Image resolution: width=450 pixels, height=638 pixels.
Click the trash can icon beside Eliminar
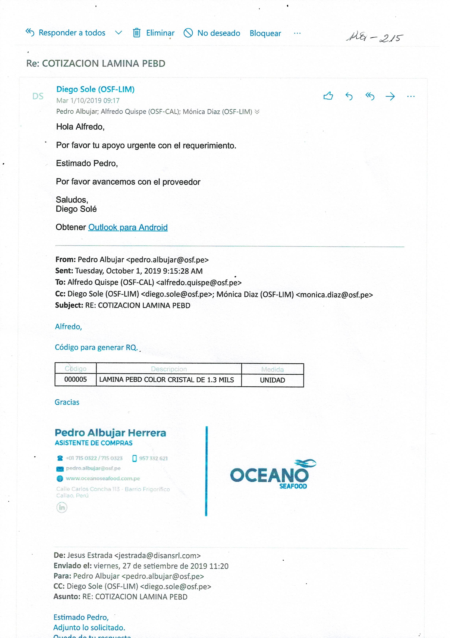click(x=136, y=33)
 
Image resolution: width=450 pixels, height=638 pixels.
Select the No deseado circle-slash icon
click(x=188, y=33)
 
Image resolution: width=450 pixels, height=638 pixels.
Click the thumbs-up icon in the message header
click(x=328, y=96)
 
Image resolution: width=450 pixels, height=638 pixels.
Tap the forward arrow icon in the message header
click(x=390, y=97)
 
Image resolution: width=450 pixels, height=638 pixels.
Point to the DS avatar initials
click(x=38, y=96)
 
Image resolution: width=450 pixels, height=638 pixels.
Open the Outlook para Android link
click(x=128, y=227)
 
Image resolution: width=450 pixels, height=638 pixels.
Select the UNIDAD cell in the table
click(x=272, y=380)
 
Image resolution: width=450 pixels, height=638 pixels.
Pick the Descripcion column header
click(x=169, y=369)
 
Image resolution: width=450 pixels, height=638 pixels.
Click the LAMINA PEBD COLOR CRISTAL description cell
click(x=166, y=380)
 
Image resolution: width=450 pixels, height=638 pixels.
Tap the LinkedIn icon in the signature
click(x=62, y=507)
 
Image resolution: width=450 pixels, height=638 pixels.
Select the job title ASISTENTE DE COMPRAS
click(x=93, y=443)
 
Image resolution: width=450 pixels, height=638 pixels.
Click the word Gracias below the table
click(x=67, y=402)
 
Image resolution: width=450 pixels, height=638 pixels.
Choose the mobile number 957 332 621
click(x=153, y=458)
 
